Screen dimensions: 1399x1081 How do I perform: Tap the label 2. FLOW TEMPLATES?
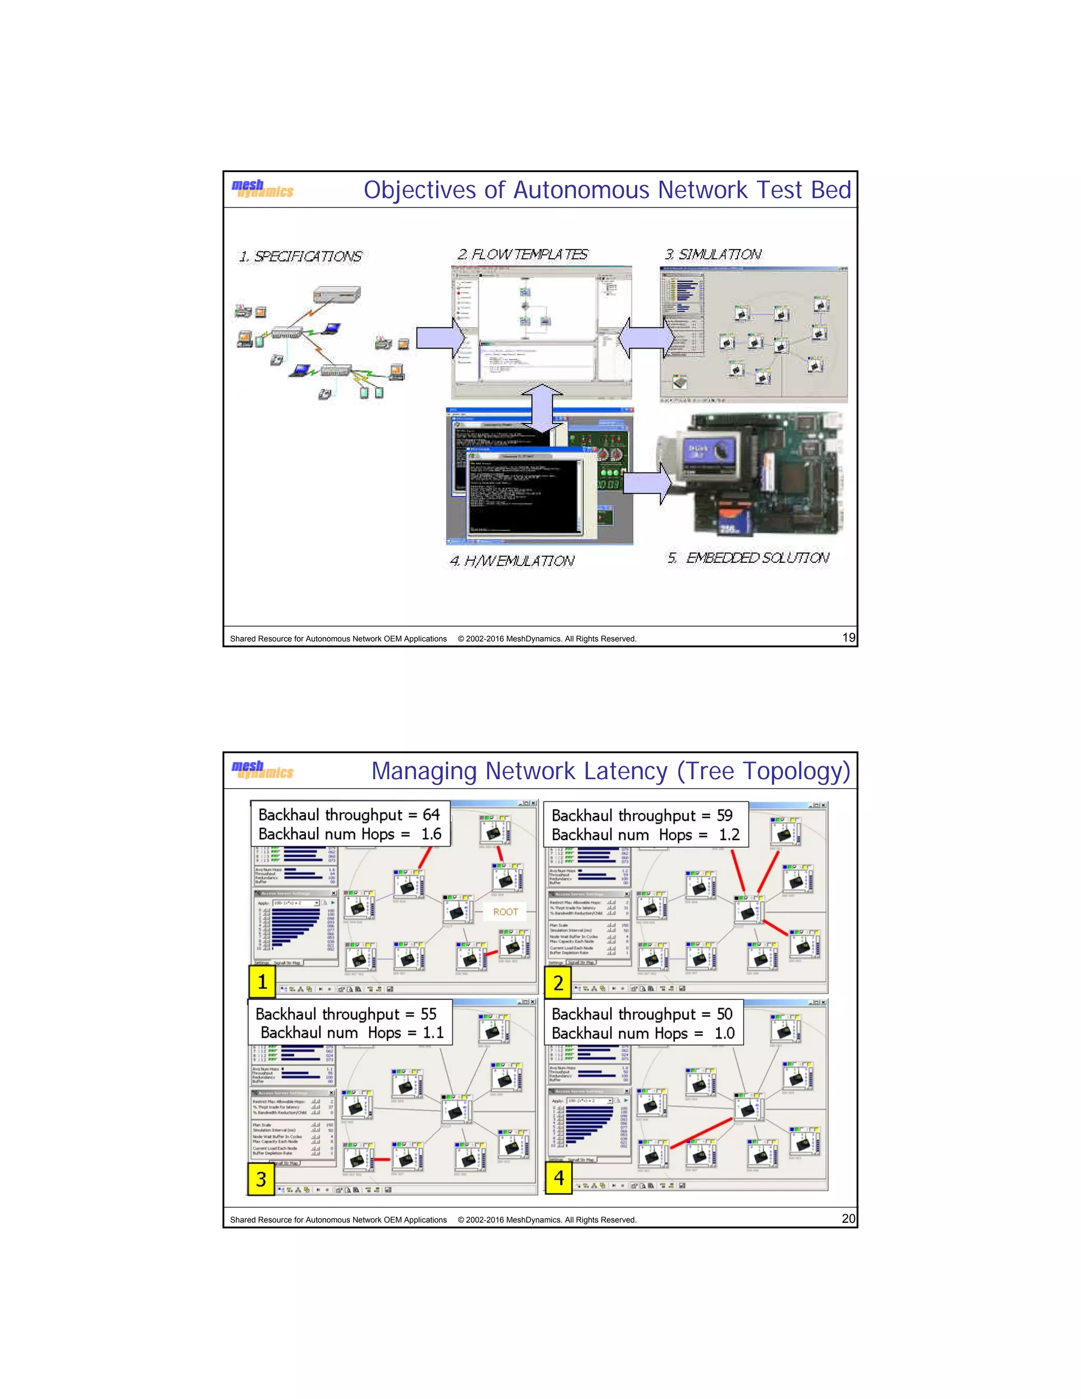tap(523, 254)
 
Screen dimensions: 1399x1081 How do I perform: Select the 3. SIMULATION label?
tap(713, 254)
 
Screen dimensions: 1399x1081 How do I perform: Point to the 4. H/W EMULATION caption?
tap(511, 561)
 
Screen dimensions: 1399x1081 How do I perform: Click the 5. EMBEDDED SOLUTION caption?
tap(748, 558)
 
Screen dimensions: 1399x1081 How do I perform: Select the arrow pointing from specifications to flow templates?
tap(441, 337)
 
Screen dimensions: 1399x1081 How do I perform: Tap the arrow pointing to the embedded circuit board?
tap(648, 483)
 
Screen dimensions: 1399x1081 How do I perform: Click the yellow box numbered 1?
tap(262, 981)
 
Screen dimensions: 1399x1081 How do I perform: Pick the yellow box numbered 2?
tap(558, 982)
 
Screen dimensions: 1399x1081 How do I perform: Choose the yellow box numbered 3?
tap(261, 1179)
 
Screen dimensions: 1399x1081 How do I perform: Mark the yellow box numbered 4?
tap(558, 1177)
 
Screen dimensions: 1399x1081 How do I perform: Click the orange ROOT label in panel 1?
tap(505, 912)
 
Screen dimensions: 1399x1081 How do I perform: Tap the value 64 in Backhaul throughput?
tap(431, 815)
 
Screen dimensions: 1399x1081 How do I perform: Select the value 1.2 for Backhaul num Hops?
tap(729, 835)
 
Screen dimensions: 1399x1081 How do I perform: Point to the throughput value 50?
tap(724, 1014)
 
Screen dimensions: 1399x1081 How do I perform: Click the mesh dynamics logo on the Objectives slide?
tap(262, 189)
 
